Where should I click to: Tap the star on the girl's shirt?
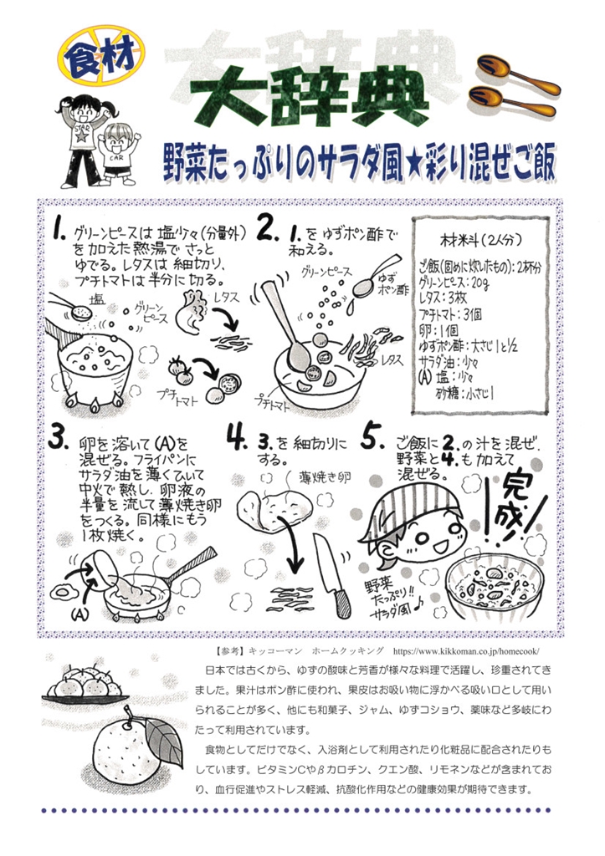pos(82,135)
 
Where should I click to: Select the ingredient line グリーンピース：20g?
pos(454,283)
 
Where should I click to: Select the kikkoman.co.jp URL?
pos(467,651)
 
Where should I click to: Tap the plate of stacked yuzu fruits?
pos(85,685)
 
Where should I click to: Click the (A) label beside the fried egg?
pos(79,614)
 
